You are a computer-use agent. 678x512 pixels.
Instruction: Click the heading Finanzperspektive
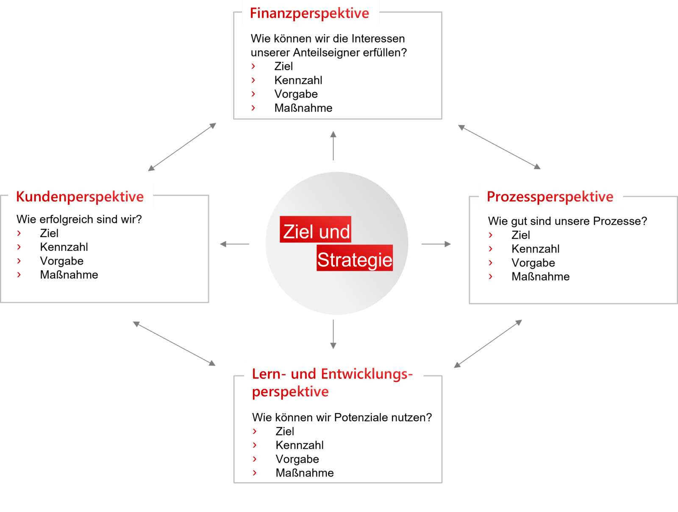click(309, 14)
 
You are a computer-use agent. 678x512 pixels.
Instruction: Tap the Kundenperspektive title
click(80, 197)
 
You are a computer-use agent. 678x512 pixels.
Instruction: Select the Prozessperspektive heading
click(550, 197)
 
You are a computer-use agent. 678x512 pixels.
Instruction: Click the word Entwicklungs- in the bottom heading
click(367, 374)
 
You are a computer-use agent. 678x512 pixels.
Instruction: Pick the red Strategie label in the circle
click(355, 258)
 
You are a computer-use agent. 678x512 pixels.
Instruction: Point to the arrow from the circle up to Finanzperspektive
click(333, 145)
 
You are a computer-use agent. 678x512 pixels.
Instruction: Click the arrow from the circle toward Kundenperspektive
click(234, 244)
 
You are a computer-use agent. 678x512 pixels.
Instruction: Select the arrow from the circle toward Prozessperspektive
click(436, 244)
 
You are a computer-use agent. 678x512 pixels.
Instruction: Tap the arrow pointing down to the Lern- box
click(333, 334)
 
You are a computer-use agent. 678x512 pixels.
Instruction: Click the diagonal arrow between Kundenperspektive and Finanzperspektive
click(182, 147)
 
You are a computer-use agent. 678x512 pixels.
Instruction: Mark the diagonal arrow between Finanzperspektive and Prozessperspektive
click(499, 147)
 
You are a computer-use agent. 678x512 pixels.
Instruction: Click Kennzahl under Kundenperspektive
click(64, 247)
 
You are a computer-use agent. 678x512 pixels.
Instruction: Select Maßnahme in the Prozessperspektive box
click(541, 277)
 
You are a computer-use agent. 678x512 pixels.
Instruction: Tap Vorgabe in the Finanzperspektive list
click(296, 94)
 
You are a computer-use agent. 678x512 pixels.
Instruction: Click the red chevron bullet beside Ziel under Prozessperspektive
click(491, 235)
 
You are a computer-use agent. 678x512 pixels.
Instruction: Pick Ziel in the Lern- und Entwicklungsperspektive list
click(285, 431)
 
